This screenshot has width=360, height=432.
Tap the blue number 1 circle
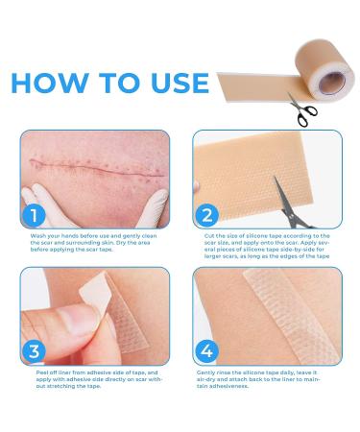pyautogui.click(x=33, y=214)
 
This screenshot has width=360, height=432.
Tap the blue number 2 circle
pyautogui.click(x=207, y=214)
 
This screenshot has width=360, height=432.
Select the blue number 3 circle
pyautogui.click(x=33, y=350)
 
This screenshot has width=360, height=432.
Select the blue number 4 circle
pyautogui.click(x=207, y=350)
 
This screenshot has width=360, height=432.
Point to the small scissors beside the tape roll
pyautogui.click(x=301, y=108)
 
